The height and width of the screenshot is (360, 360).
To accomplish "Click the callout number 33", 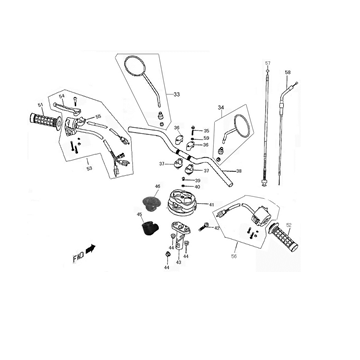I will coord(177,95).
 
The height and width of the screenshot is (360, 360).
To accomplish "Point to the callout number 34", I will coord(220,106).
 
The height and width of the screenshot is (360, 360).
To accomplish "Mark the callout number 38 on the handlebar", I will coord(239,172).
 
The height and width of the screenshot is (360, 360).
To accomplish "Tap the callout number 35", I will coord(206,131).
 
